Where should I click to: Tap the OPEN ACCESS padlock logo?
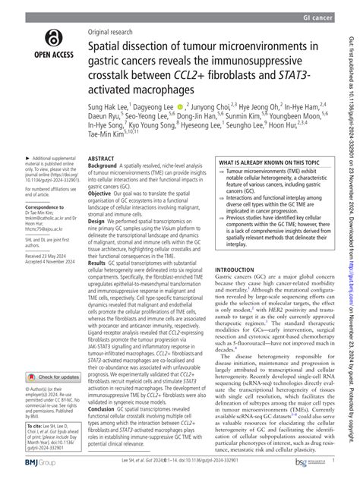pos(52,36)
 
